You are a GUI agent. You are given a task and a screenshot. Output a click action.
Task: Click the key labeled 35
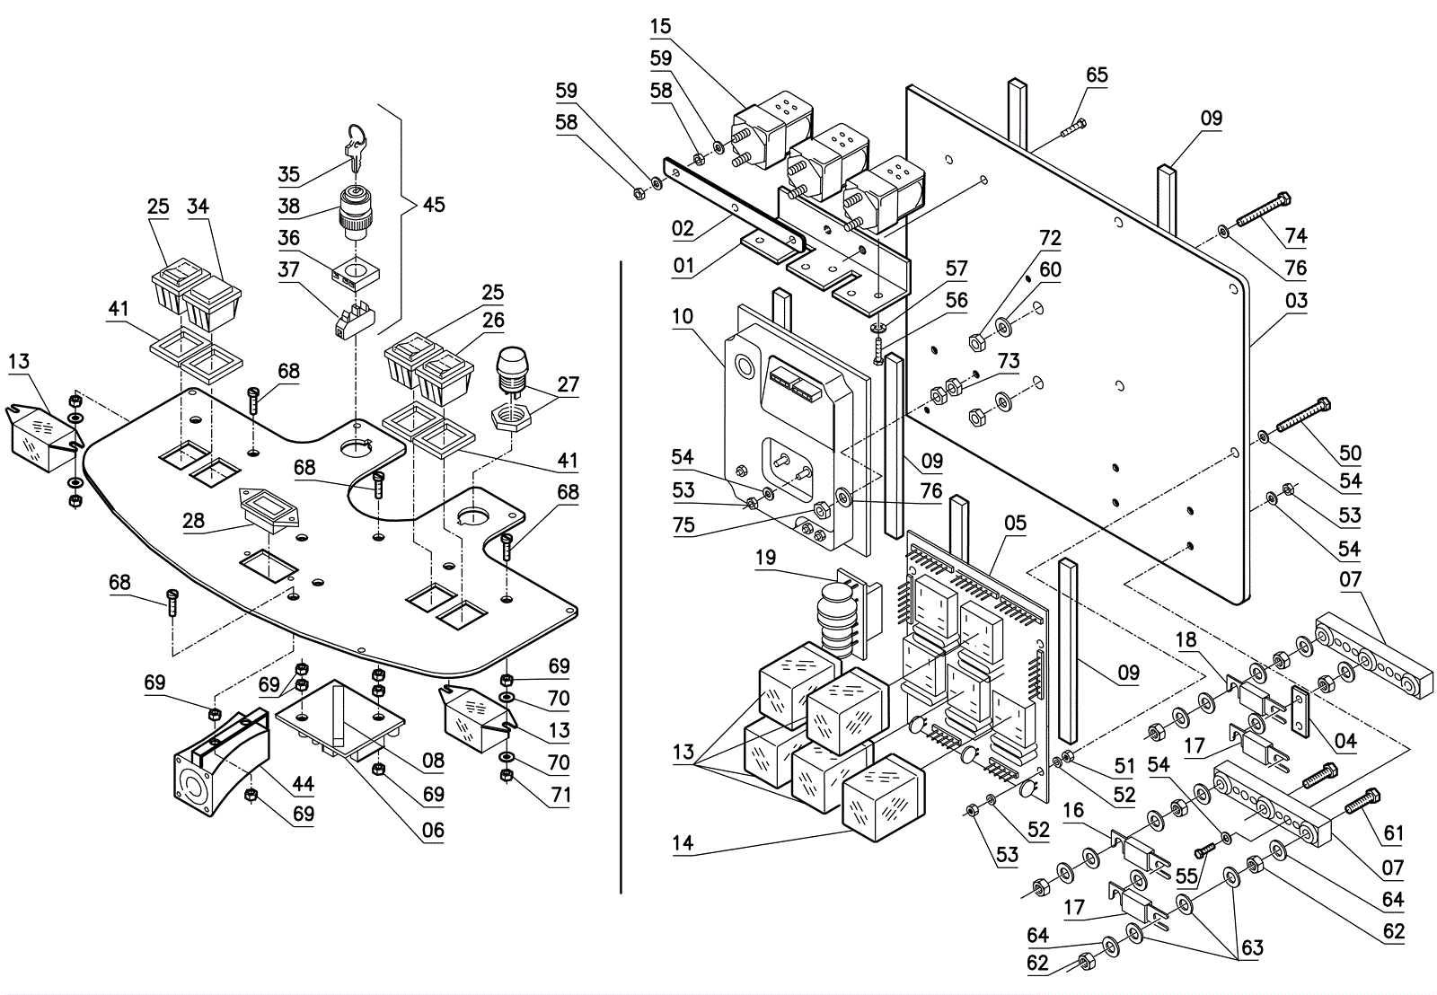coord(357,146)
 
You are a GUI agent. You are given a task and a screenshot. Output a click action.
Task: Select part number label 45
coord(434,205)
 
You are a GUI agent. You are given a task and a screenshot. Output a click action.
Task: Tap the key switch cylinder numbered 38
coord(354,208)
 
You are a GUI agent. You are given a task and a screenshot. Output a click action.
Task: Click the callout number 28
coord(193,521)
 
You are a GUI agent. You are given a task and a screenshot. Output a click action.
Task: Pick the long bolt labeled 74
coord(1264,211)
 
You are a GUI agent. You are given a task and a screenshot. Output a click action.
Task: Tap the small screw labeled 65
coord(1073,128)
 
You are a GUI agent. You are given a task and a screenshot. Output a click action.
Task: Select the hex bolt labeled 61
coord(1362,801)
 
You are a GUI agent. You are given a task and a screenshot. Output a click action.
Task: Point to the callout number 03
coord(1296,301)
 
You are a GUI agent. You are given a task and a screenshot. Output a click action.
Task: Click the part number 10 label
coord(683,316)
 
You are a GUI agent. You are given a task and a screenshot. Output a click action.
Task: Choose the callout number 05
coord(1015,523)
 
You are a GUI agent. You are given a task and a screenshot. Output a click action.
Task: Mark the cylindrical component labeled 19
coord(836,620)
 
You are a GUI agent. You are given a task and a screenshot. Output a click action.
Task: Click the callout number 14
coord(683,842)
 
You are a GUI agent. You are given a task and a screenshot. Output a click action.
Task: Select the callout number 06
coord(433,830)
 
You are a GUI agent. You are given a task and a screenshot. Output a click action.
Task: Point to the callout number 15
coord(660,26)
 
